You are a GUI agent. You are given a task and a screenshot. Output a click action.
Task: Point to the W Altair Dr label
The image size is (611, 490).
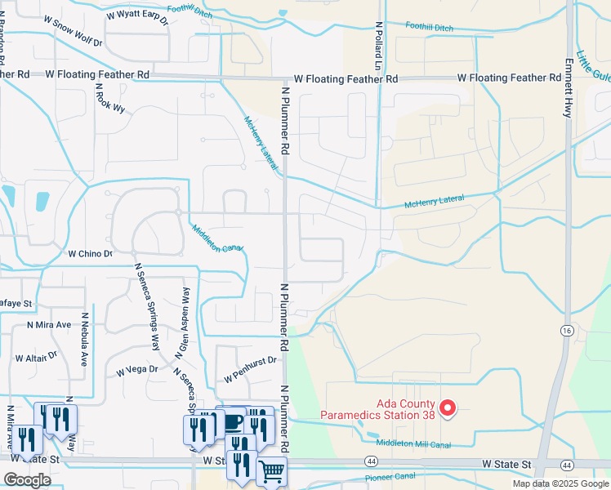click(37, 357)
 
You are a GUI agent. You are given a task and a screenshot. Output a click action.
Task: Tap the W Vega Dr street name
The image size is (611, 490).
click(136, 370)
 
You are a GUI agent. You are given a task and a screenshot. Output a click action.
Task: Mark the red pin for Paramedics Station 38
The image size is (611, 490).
click(447, 408)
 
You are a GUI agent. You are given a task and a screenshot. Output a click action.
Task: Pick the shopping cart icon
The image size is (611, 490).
click(271, 470)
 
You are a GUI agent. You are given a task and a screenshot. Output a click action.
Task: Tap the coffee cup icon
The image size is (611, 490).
click(232, 421)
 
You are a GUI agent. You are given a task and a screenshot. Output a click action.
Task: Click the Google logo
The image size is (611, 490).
click(27, 480)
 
